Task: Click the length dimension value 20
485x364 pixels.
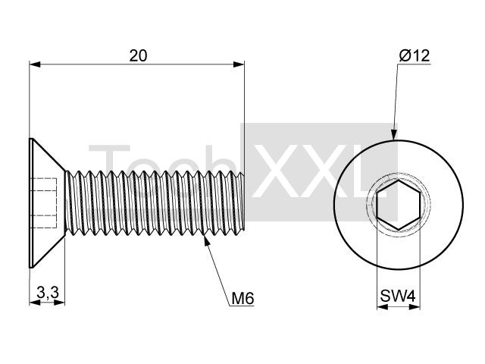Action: click(138, 56)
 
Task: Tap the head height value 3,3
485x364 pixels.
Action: click(48, 292)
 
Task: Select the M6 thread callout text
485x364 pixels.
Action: click(242, 299)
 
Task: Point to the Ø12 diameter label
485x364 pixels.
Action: click(415, 56)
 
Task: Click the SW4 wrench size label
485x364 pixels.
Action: click(398, 296)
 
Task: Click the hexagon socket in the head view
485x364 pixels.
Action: click(398, 205)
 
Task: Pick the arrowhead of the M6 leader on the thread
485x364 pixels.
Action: click(207, 240)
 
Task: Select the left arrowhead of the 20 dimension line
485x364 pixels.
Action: click(35, 64)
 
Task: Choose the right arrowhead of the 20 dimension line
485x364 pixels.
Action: click(239, 64)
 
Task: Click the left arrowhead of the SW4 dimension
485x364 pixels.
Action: click(382, 306)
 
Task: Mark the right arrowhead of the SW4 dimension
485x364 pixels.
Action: click(415, 306)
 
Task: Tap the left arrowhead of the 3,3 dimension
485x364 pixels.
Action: click(35, 303)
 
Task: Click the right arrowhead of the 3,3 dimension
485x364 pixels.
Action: click(59, 303)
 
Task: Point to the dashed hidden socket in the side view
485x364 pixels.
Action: click(45, 203)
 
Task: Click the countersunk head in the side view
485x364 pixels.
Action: click(47, 203)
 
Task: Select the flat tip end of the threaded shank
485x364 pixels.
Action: click(244, 202)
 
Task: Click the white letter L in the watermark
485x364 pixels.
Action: click(371, 171)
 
